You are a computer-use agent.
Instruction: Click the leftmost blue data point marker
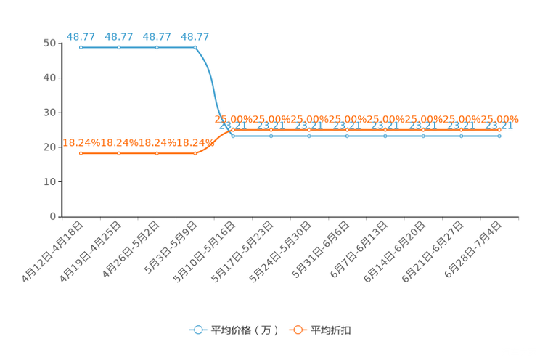pos(81,47)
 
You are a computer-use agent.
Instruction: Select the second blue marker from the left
pos(119,47)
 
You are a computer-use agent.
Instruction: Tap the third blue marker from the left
pos(157,47)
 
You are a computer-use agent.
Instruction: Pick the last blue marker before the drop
pos(195,47)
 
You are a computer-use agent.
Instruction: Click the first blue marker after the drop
pos(233,136)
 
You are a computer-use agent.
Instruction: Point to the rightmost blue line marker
pos(499,136)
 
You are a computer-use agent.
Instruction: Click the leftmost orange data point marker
pos(81,153)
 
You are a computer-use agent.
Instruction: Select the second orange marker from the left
pos(119,153)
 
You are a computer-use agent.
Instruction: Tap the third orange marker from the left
pos(157,153)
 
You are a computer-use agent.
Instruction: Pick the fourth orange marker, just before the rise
pos(195,153)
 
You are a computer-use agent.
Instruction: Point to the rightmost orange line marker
pos(499,131)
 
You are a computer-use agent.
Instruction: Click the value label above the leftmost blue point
pos(81,36)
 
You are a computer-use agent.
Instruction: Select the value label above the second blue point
pos(119,36)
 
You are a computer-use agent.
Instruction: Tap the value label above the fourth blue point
pos(195,36)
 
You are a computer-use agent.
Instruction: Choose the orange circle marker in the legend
pos(298,330)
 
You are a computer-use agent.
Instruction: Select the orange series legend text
pos(332,330)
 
